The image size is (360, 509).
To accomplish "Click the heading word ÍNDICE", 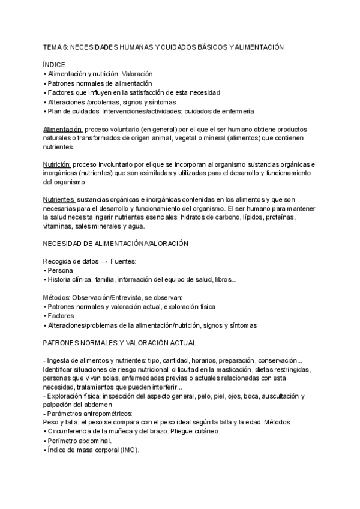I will [54, 64].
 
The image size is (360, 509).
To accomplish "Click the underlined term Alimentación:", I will [63, 129].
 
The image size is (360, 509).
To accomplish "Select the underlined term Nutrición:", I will [57, 164].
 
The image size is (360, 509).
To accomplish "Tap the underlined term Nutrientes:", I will [59, 200].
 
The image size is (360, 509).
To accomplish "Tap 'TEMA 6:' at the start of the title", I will [56, 46].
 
